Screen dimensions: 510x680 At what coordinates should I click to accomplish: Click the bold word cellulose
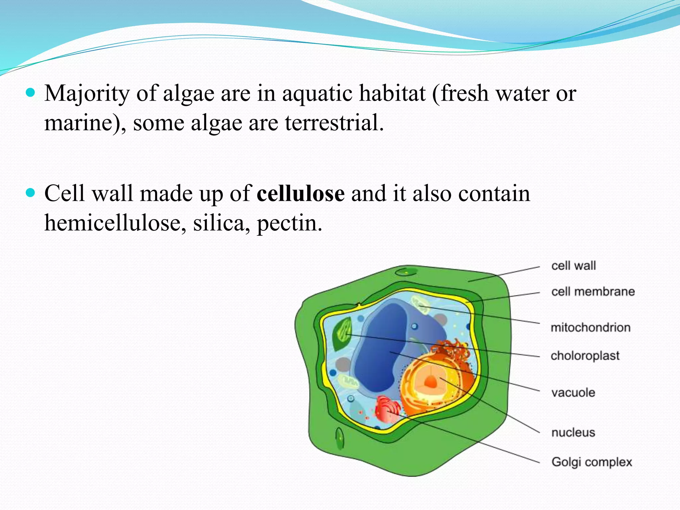point(300,194)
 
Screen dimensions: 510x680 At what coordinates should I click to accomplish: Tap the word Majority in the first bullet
point(87,94)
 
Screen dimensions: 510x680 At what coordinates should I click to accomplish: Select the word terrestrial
point(334,123)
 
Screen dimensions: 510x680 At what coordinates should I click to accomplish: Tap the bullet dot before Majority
point(30,92)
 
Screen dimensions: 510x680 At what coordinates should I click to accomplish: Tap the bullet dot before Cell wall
point(30,193)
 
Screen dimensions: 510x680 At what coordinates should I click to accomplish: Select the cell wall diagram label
point(573,266)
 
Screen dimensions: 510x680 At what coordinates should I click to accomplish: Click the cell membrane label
point(593,292)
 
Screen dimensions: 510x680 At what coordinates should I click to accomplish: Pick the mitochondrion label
point(590,327)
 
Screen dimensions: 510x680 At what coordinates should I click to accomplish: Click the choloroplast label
point(585,356)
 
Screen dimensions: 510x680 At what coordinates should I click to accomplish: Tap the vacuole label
point(573,393)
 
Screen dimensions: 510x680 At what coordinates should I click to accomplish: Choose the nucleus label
point(573,433)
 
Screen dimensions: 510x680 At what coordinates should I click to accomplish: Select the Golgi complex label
point(592,462)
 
